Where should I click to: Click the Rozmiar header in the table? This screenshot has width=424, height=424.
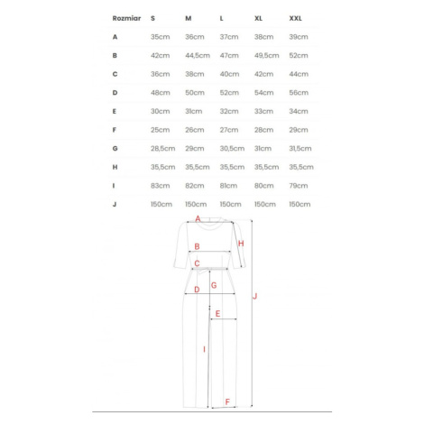pyautogui.click(x=126, y=18)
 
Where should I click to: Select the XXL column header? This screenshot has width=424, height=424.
pyautogui.click(x=295, y=18)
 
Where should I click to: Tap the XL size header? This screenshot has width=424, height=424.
pyautogui.click(x=258, y=18)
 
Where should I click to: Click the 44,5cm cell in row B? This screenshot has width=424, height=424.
pyautogui.click(x=198, y=56)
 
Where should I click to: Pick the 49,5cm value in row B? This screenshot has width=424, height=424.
pyautogui.click(x=267, y=56)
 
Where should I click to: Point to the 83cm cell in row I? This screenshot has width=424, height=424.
pyautogui.click(x=161, y=186)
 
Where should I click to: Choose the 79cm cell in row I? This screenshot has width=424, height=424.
pyautogui.click(x=299, y=186)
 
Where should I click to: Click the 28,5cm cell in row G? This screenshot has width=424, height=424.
pyautogui.click(x=163, y=149)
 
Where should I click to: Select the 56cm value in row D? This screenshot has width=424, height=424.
pyautogui.click(x=299, y=93)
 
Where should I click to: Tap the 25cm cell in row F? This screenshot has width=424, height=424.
pyautogui.click(x=161, y=130)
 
